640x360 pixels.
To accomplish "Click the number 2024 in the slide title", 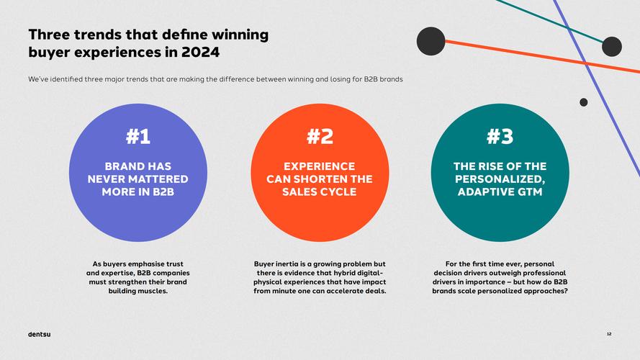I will click(200, 53).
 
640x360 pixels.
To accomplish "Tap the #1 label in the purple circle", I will click(138, 136).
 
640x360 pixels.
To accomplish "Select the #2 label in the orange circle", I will click(320, 136).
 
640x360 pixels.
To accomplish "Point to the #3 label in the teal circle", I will click(500, 136).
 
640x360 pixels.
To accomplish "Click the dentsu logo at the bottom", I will click(39, 334).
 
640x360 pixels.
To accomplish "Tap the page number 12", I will click(609, 334).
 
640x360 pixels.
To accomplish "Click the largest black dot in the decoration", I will click(431, 41).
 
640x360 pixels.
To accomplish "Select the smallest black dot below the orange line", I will click(583, 102).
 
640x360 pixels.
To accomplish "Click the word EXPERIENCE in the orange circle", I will click(320, 166).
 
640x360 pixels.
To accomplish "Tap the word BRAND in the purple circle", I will click(120, 166).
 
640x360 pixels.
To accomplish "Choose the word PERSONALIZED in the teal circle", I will click(500, 179).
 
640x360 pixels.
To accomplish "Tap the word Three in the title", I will click(51, 34).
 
